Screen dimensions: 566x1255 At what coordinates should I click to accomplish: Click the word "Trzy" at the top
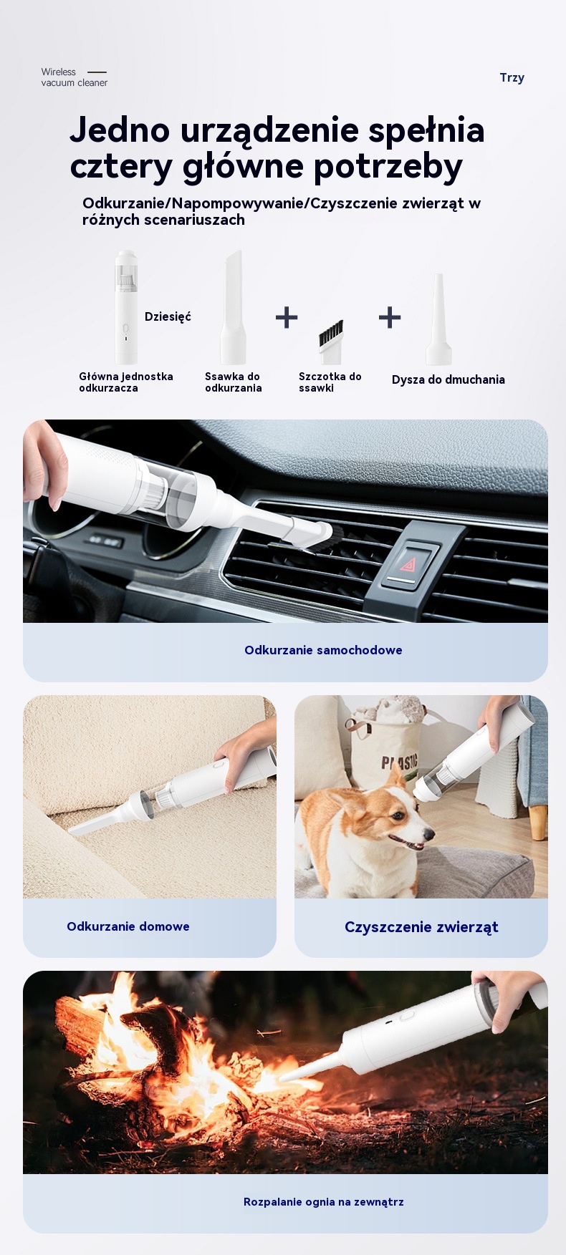click(512, 78)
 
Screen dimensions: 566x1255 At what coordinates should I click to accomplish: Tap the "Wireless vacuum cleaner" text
click(74, 77)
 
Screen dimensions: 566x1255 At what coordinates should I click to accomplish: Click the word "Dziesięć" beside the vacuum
click(168, 317)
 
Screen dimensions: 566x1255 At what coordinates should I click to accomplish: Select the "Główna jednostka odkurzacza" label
click(126, 382)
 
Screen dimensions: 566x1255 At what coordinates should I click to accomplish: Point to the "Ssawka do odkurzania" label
click(234, 382)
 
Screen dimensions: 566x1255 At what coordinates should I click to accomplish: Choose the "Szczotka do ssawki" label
click(330, 382)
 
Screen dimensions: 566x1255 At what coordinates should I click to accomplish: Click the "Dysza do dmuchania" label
click(449, 380)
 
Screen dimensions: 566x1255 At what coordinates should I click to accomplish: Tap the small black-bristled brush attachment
click(331, 341)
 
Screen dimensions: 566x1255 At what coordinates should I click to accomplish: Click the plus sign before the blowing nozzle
click(390, 317)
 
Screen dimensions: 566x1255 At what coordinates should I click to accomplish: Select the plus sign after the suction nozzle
click(287, 317)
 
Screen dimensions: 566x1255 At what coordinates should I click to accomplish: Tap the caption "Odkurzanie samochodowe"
click(323, 650)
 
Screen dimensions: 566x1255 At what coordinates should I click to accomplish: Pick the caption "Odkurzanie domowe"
click(128, 926)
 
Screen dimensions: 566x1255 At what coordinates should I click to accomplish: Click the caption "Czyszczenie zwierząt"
click(421, 927)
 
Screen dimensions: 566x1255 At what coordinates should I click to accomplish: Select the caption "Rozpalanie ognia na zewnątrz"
click(324, 1202)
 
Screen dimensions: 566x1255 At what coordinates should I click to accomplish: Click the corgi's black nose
click(429, 833)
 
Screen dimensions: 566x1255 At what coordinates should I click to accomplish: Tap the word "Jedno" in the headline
click(120, 130)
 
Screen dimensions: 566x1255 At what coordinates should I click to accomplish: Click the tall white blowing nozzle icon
click(438, 319)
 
